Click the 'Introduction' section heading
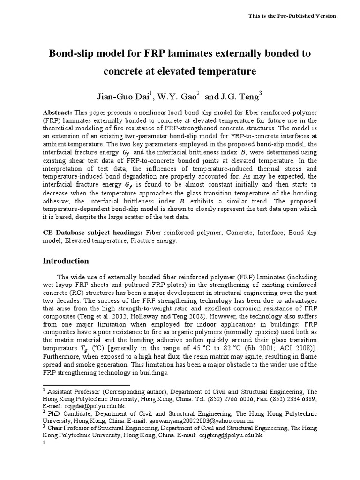point(66,261)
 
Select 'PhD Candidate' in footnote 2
point(68,413)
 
